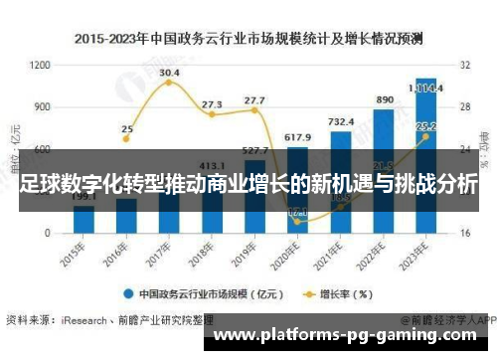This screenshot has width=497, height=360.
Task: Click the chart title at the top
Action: tap(248, 39)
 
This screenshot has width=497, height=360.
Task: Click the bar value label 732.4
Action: tap(341, 121)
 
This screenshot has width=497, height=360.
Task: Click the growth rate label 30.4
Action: tap(169, 73)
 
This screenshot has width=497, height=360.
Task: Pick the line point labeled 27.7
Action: tap(254, 100)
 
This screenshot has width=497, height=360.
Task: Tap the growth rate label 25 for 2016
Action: tap(127, 128)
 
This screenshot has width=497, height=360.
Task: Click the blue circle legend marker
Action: tap(129, 294)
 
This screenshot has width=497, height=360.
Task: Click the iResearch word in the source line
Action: tap(85, 320)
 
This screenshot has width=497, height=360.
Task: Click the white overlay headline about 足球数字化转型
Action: tap(248, 186)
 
